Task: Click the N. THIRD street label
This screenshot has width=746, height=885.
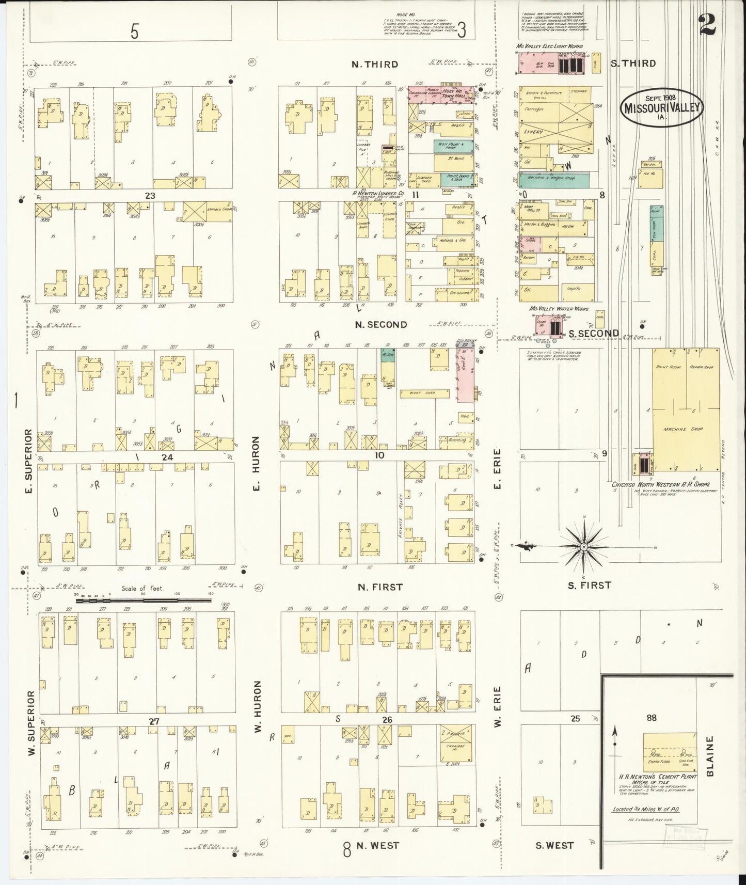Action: [x=375, y=65]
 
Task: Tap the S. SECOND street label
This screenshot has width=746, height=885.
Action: [x=594, y=334]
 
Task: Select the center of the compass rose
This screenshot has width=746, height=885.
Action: [x=583, y=546]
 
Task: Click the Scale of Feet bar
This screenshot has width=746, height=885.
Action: [x=144, y=600]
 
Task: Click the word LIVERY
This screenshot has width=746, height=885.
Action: [x=534, y=132]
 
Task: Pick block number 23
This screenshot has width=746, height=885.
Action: [x=150, y=196]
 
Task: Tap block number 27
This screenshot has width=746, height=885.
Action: [x=153, y=722]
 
